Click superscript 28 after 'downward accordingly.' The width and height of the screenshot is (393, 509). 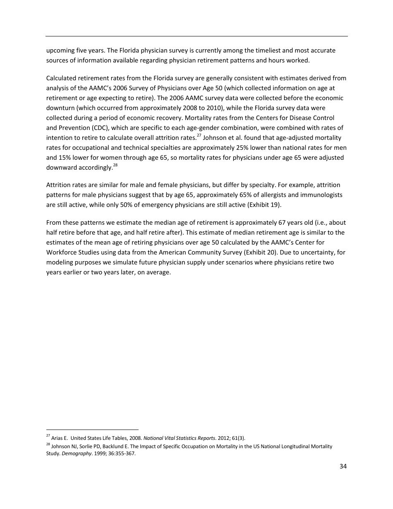[x=115, y=166]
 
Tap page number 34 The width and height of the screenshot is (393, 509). [x=343, y=466]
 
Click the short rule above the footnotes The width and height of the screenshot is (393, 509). [x=92, y=430]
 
